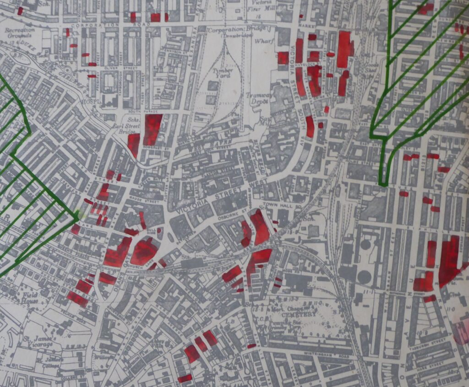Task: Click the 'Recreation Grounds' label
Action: point(19,33)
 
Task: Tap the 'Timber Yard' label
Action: point(223,73)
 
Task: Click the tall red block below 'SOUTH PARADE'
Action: point(153,129)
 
